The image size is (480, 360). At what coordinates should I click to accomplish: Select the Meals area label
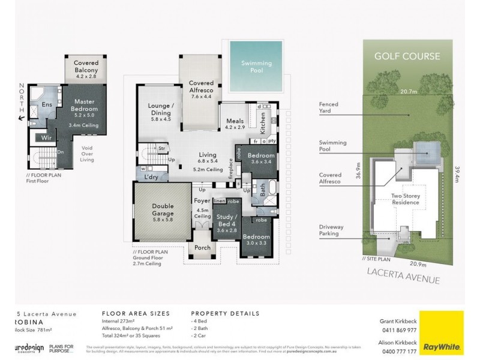point(235,122)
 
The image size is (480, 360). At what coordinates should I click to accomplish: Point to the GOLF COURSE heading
point(407,57)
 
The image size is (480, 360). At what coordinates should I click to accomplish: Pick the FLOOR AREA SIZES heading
point(136,313)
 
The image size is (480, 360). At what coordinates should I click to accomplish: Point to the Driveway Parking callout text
point(330,230)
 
